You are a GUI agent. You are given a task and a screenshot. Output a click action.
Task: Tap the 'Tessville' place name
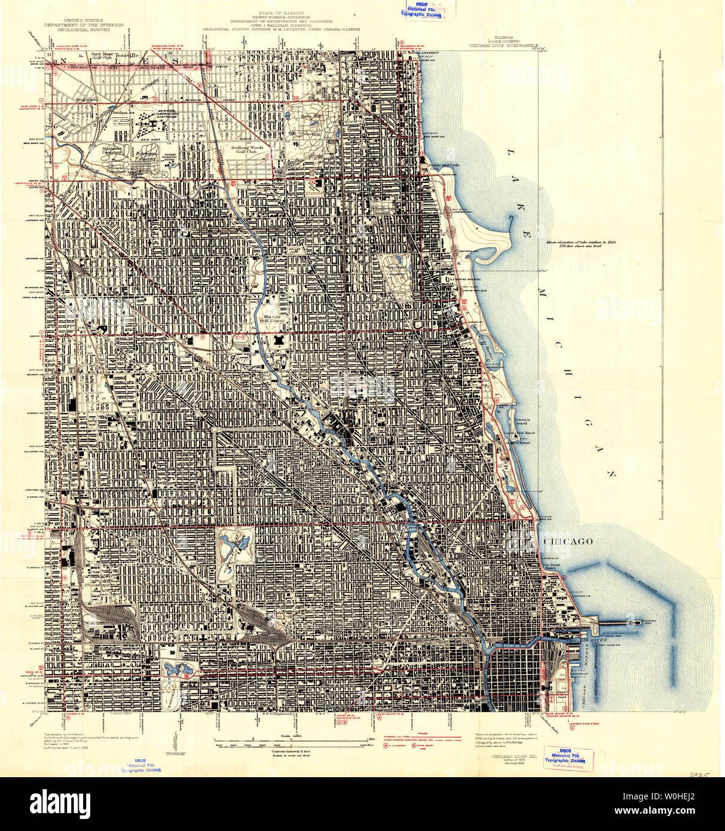click(x=126, y=55)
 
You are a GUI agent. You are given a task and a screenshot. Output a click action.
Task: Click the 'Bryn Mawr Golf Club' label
click(x=99, y=56)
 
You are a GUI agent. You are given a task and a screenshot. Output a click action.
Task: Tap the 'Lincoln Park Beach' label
click(x=519, y=432)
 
